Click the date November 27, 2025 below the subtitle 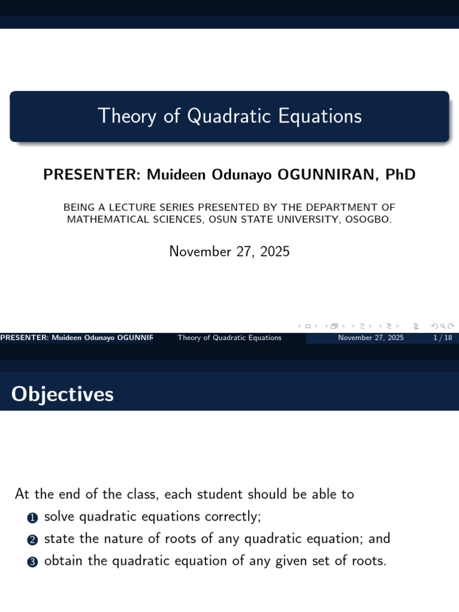[x=229, y=252]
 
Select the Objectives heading [x=63, y=394]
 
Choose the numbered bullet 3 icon [x=33, y=562]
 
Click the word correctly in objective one [x=233, y=516]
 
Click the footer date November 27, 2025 [x=371, y=338]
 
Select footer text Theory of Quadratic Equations [x=229, y=338]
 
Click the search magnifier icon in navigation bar [x=443, y=326]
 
